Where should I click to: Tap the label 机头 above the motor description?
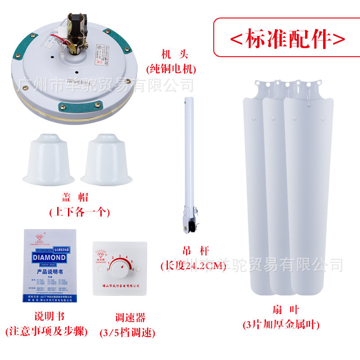(171, 55)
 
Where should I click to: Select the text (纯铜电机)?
(171, 69)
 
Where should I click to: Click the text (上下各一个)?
(79, 211)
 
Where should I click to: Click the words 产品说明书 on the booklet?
(49, 272)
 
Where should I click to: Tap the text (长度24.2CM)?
(193, 265)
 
